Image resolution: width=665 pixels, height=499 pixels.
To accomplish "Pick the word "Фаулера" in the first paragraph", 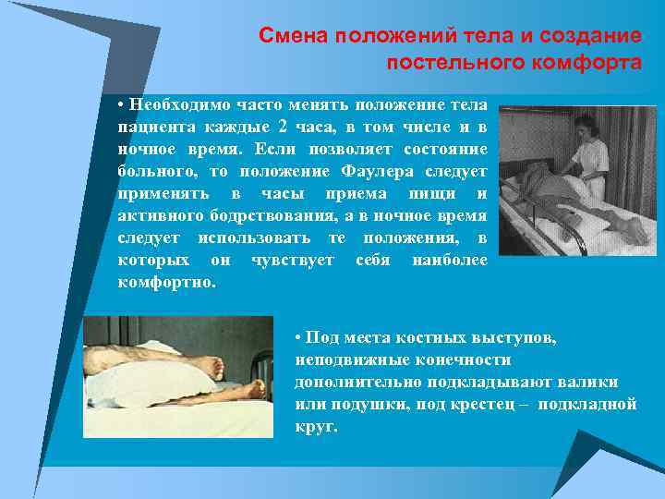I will point(381,171).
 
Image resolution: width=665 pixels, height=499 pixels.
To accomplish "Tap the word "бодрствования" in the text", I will point(260,215).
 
